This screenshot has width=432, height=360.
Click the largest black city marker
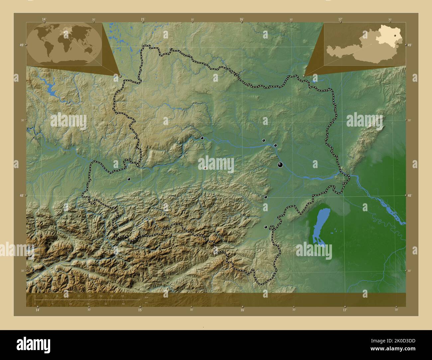pyautogui.click(x=280, y=164)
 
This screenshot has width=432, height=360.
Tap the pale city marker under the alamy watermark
pyautogui.click(x=205, y=168)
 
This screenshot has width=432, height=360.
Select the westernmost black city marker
pyautogui.click(x=129, y=179)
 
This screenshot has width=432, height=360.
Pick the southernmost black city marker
pyautogui.click(x=266, y=227)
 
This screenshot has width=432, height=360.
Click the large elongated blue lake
pyautogui.click(x=320, y=226)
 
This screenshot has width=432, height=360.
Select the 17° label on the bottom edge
pyautogui.click(x=345, y=310)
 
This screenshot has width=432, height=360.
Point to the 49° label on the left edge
pyautogui.click(x=22, y=45)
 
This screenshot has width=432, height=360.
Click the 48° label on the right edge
pyautogui.click(x=410, y=196)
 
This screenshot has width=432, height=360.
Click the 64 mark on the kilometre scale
pyautogui.click(x=123, y=296)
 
